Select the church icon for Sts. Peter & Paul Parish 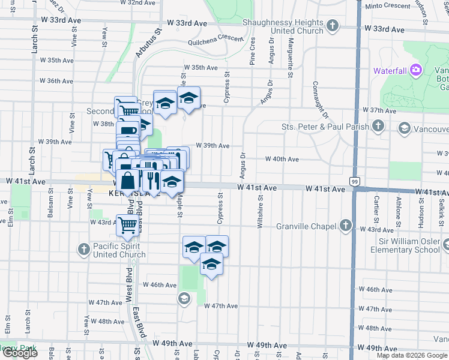[x=378, y=126]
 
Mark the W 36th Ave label [x=56, y=81]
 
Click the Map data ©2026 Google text [x=412, y=355]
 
